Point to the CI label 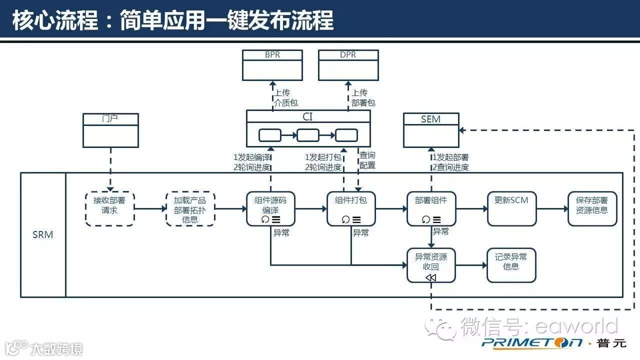pos(308,117)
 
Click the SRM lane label pos(43,234)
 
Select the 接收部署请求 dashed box pos(109,208)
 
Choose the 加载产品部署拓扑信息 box pos(190,208)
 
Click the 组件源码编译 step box pos(270,208)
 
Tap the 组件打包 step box pos(351,208)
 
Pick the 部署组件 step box pos(431,208)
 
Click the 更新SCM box pos(511,208)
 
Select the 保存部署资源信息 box pos(592,208)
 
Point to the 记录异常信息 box pos(511,265)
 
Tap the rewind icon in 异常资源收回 pos(431,277)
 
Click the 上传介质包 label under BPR pos(285,97)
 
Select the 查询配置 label pos(367,160)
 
